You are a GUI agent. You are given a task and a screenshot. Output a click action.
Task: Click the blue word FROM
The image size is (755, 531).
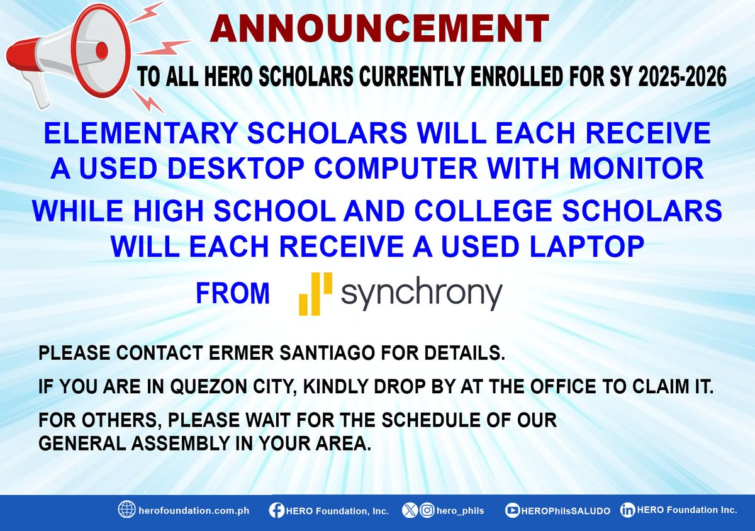pos(233,294)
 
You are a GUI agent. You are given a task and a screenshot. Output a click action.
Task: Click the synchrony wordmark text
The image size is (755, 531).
pos(421,294)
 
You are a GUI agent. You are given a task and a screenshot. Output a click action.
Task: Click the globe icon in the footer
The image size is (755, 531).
pos(127,510)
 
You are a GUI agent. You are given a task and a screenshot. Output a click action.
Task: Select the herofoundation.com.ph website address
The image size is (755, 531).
pos(194,511)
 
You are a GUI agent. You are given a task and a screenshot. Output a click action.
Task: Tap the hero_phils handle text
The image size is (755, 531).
pos(462,511)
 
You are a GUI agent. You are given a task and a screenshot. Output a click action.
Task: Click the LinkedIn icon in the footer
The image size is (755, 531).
pos(627,510)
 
